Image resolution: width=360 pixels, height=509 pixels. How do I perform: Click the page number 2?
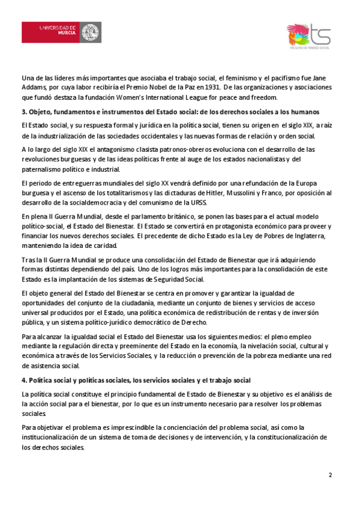click(x=330, y=475)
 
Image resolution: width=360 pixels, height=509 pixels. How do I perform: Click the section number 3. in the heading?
click(x=23, y=112)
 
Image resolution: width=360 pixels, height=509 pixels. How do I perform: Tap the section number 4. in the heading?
click(x=23, y=381)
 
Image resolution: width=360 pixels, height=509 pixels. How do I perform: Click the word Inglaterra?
click(x=306, y=236)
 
